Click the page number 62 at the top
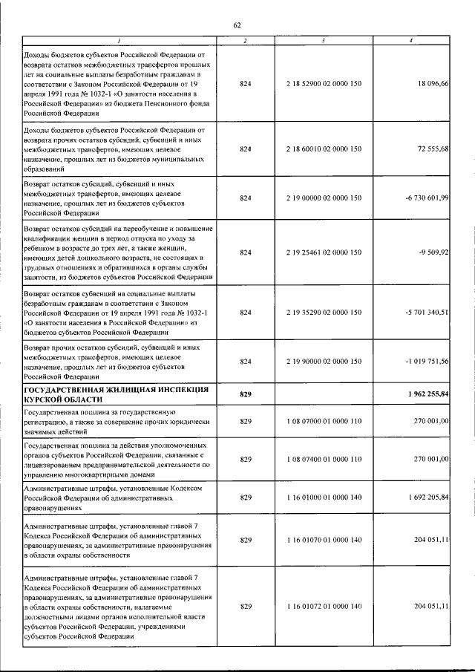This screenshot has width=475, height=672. point(237,25)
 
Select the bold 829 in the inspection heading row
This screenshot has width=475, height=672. point(246,394)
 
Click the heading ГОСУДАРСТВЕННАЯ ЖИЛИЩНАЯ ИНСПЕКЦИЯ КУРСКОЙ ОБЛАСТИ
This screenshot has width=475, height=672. point(114,394)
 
